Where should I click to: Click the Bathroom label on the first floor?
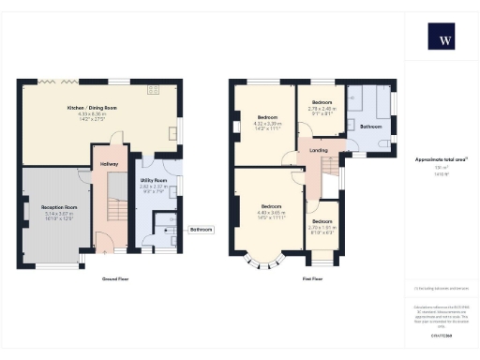[370, 127]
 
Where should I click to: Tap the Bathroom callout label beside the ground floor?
[202, 229]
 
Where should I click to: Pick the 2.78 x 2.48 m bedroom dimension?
[322, 108]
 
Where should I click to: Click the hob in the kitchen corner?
[153, 90]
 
